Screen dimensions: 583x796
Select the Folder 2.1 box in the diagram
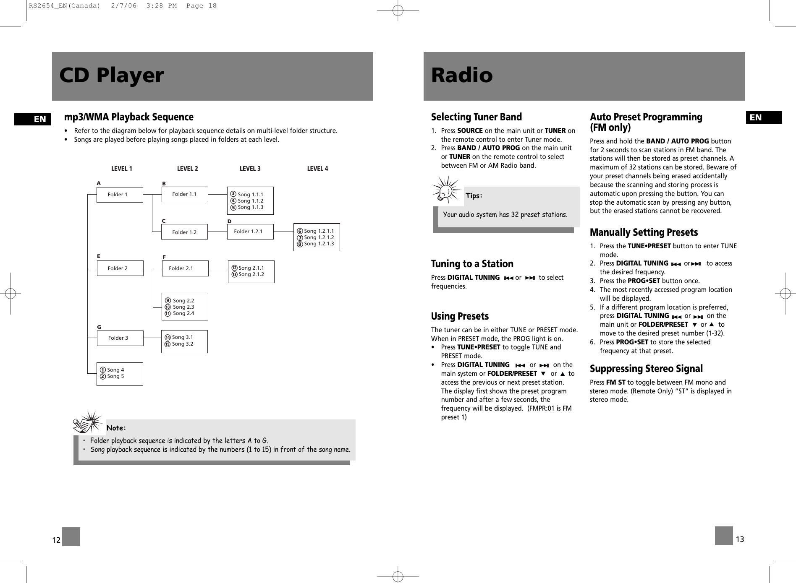pyautogui.click(x=185, y=268)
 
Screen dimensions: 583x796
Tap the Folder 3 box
pyautogui.click(x=120, y=338)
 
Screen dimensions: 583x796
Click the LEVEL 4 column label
pyautogui.click(x=317, y=169)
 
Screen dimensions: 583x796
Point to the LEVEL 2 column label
pyautogui.click(x=187, y=169)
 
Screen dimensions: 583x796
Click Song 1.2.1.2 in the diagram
pyautogui.click(x=319, y=237)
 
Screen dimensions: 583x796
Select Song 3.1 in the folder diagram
pyautogui.click(x=182, y=337)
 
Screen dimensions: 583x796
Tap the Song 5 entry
pyautogui.click(x=115, y=376)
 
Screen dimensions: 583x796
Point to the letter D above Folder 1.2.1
pyautogui.click(x=229, y=221)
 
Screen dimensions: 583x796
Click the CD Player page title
pyautogui.click(x=111, y=76)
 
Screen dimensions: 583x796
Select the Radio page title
pyautogui.click(x=462, y=76)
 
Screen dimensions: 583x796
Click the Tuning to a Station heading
pyautogui.click(x=472, y=264)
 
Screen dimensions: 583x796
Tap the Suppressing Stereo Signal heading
pyautogui.click(x=646, y=369)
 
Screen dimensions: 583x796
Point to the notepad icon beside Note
pyautogui.click(x=87, y=422)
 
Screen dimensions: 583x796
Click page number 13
pyautogui.click(x=740, y=539)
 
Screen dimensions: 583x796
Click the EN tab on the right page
pyautogui.click(x=763, y=117)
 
